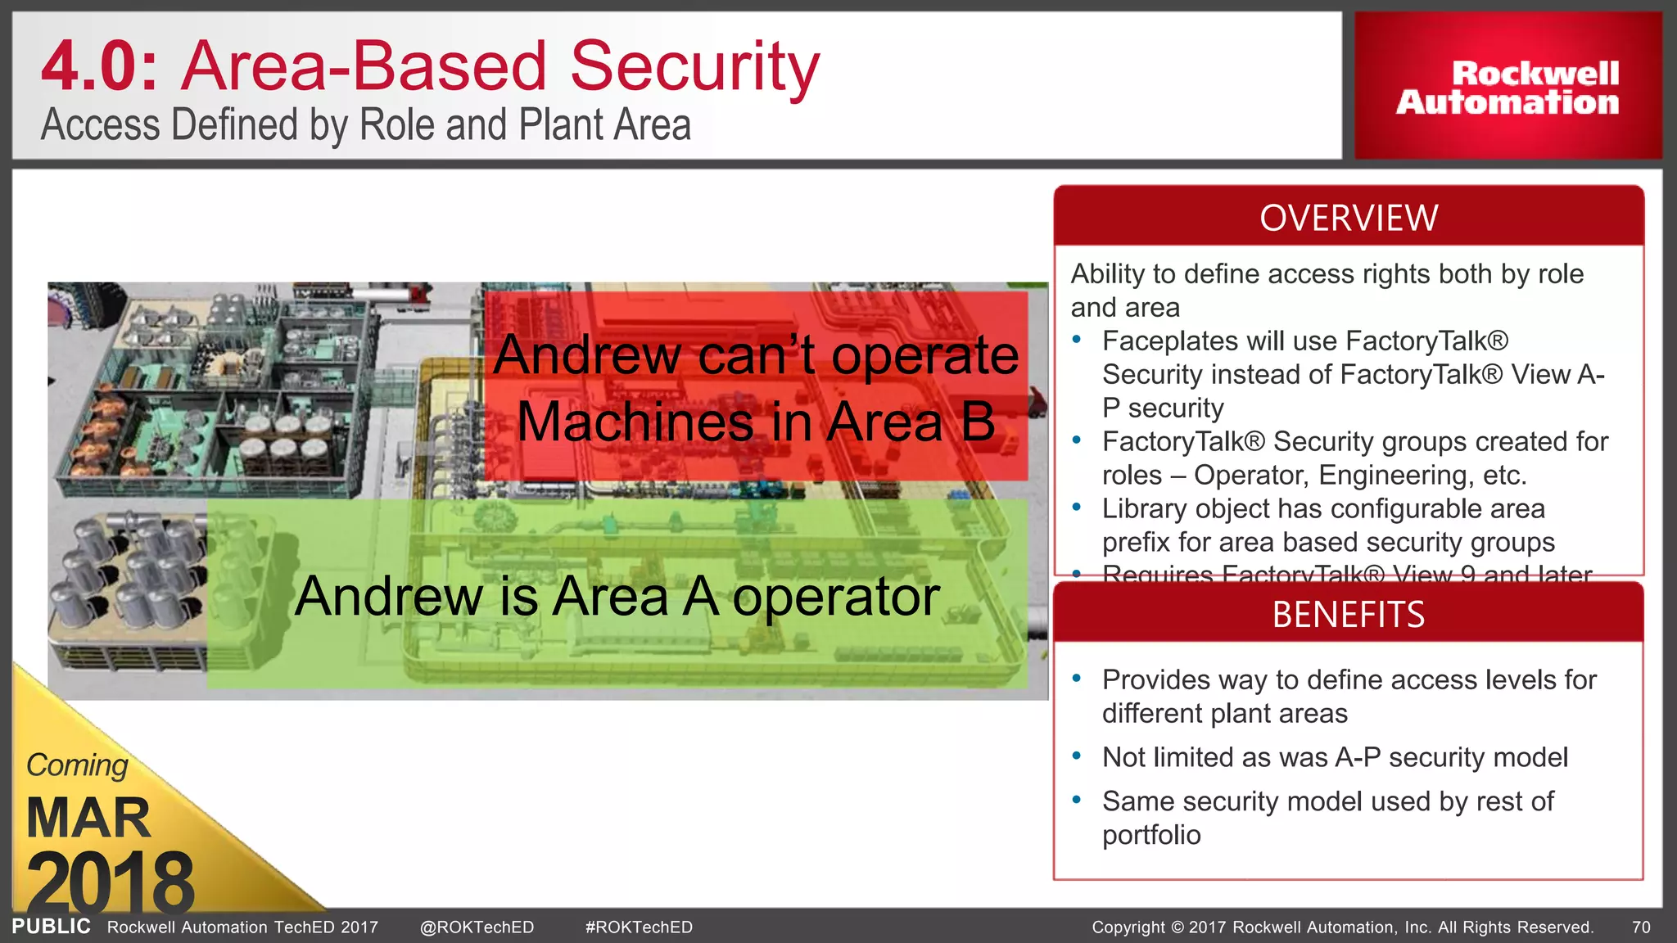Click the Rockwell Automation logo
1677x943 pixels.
click(x=1507, y=87)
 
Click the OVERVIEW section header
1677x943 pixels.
click(x=1348, y=218)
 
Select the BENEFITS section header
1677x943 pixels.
click(x=1348, y=614)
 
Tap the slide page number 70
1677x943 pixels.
click(x=1641, y=927)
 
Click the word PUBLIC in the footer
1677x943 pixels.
click(x=51, y=927)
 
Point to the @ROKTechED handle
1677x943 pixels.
click(x=477, y=927)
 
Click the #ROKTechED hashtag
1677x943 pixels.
click(x=639, y=927)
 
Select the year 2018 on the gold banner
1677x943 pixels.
click(x=110, y=882)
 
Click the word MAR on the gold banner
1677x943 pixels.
click(x=88, y=818)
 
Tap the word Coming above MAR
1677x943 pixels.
click(x=77, y=765)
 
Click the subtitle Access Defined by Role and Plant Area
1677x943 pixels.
click(x=365, y=125)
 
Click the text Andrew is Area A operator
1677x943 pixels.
click(x=617, y=596)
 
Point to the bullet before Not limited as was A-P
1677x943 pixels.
click(x=1077, y=756)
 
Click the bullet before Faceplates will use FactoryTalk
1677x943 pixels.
click(x=1077, y=340)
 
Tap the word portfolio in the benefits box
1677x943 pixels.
click(x=1151, y=835)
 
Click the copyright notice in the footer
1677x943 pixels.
click(x=1342, y=927)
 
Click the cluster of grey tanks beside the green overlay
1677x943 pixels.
click(x=127, y=573)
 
